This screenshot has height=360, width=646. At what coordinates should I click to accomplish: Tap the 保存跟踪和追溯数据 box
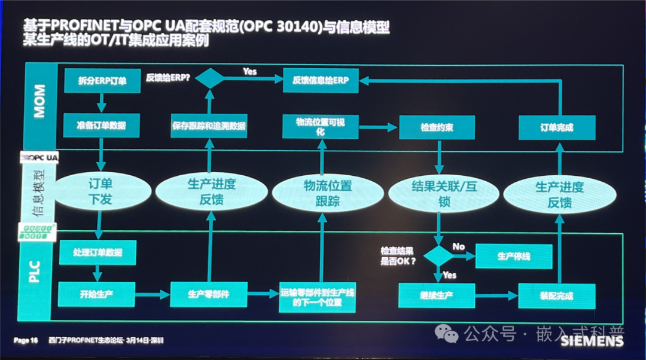point(209,126)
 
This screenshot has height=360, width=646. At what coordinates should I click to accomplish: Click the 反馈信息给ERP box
point(321,80)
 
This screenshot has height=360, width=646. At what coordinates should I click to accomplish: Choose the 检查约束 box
point(436,128)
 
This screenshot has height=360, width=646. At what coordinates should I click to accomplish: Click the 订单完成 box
point(557,127)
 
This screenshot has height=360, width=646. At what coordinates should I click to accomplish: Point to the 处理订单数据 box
point(98,252)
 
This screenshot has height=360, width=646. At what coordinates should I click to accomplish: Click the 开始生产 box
point(97,294)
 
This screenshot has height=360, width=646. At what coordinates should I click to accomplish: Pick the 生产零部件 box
point(209,294)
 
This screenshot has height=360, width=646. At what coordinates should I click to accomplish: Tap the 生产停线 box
point(513,256)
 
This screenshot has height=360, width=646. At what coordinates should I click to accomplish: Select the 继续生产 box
point(436,295)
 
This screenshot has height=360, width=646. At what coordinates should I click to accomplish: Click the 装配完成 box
point(556,296)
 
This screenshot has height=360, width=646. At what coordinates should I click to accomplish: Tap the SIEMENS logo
point(592,341)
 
